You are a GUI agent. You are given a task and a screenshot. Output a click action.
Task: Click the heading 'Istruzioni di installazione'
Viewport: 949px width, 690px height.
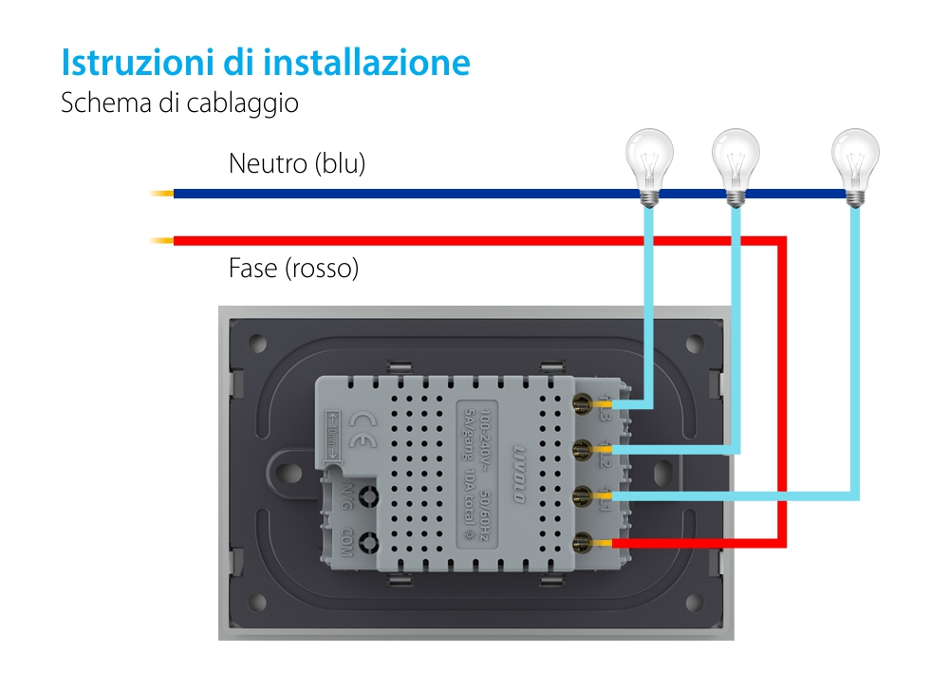coord(265,62)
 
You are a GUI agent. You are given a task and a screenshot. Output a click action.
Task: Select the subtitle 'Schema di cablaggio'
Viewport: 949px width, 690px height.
coord(179,103)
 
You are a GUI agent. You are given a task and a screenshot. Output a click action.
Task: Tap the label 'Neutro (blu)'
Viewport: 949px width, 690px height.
coord(297,163)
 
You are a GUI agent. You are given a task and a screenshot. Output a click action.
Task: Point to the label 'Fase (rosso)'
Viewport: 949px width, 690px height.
coord(294,269)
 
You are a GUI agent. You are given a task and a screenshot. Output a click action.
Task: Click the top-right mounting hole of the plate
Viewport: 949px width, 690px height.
coord(699,343)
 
